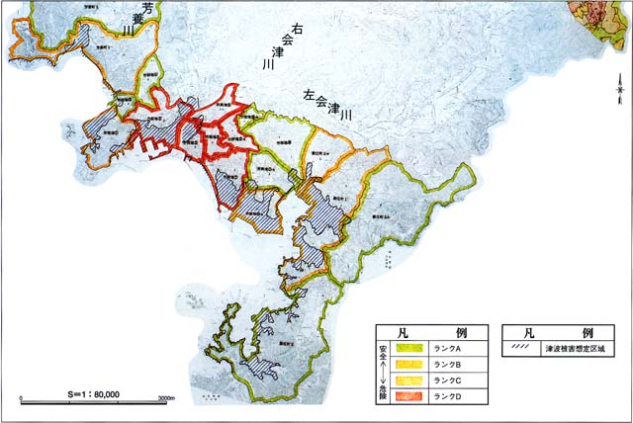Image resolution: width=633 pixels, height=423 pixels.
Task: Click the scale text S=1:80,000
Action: tap(94, 393)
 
